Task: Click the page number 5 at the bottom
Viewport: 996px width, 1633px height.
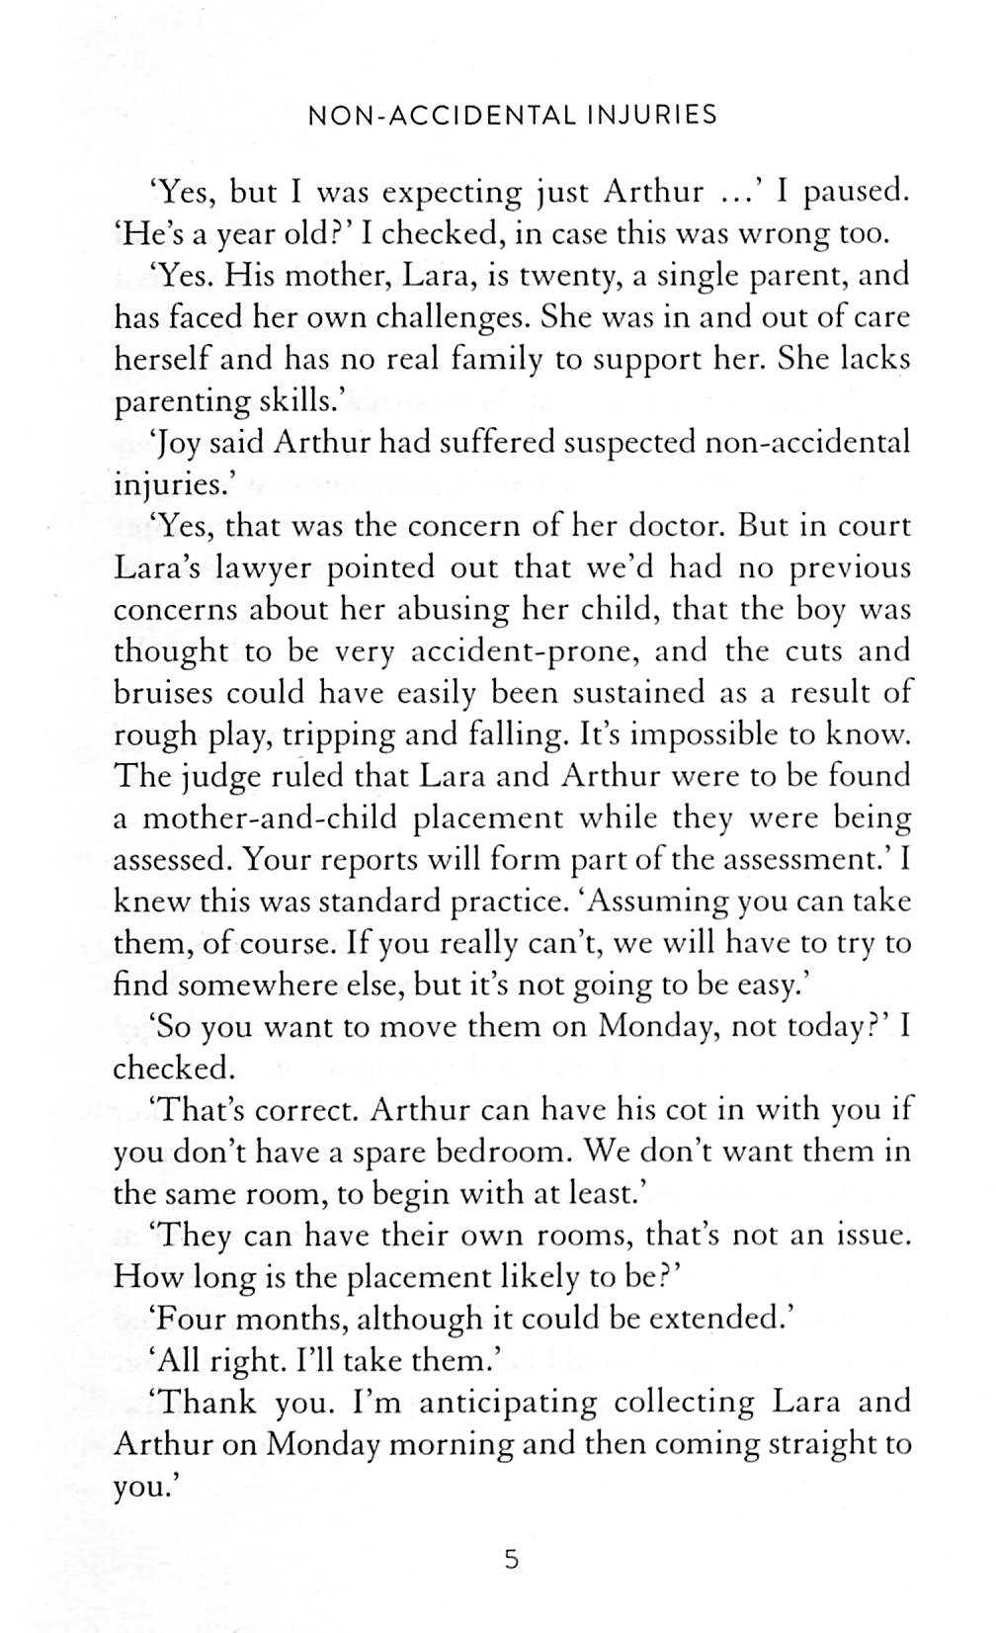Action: click(x=511, y=1561)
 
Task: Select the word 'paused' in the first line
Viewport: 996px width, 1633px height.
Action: click(x=856, y=192)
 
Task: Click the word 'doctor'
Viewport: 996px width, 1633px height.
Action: click(x=673, y=526)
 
